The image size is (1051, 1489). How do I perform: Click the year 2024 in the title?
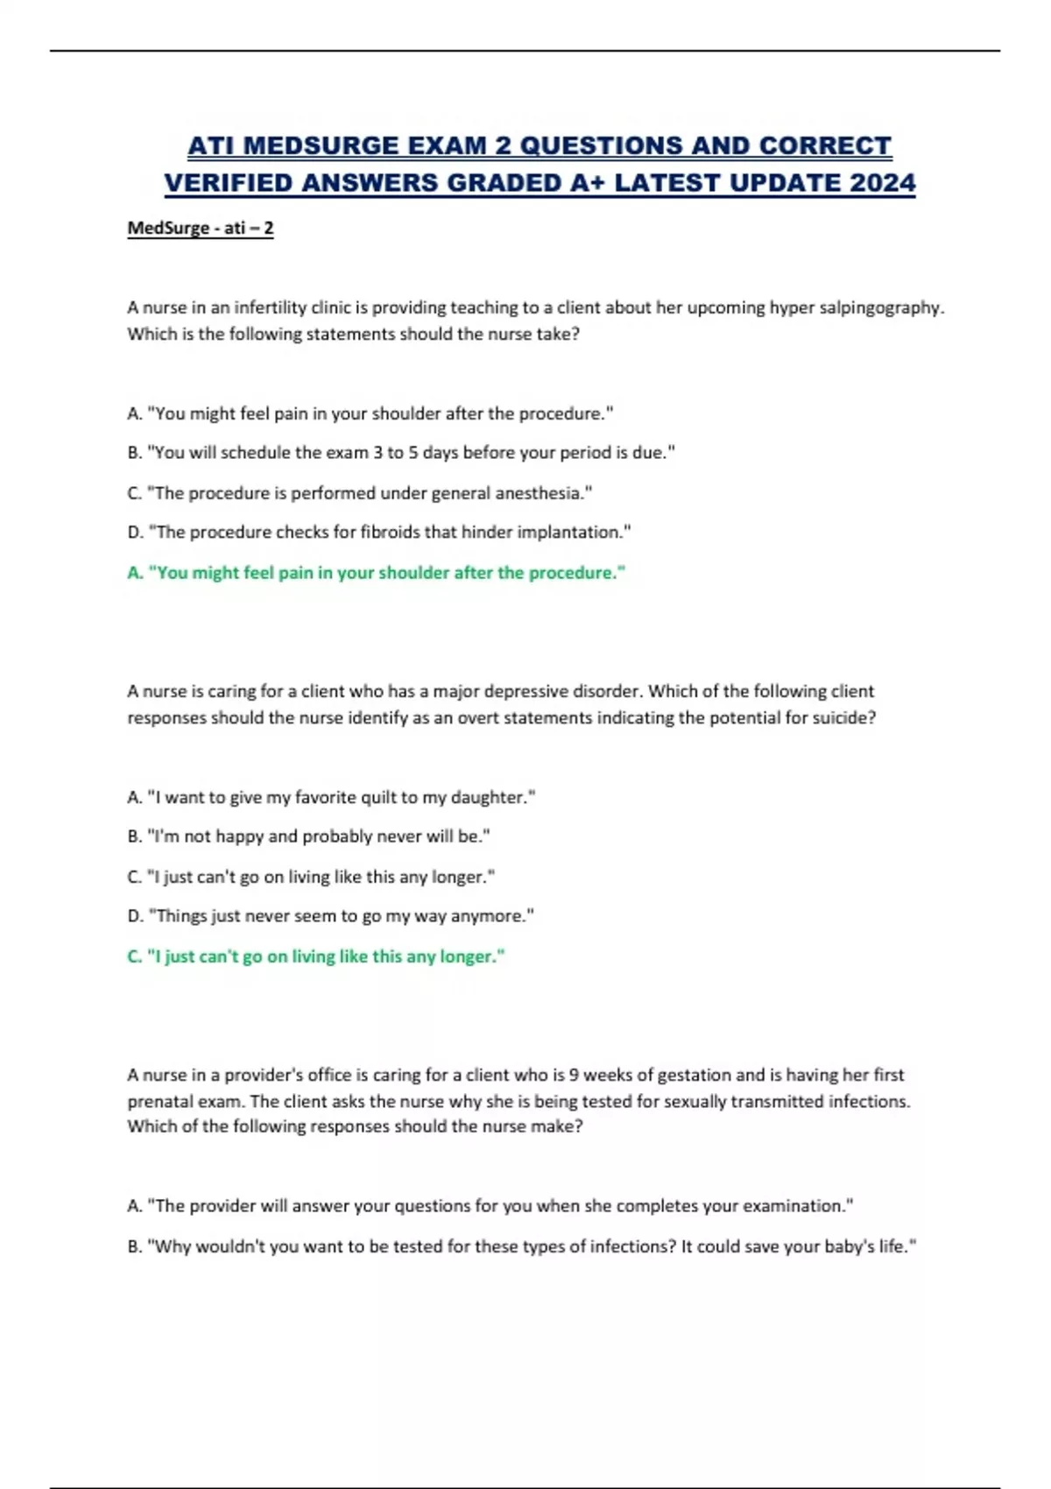882,183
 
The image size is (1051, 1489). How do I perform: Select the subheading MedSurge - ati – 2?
201,229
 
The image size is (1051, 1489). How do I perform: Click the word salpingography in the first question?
878,307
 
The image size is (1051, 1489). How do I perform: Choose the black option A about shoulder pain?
370,413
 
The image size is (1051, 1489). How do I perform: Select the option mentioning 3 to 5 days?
401,453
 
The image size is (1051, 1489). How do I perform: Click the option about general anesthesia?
359,493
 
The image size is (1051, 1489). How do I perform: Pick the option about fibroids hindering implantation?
378,533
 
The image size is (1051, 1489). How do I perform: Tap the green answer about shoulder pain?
377,573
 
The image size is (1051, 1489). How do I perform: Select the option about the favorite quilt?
331,797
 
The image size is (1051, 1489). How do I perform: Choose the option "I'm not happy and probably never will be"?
308,836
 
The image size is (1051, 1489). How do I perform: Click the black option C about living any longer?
311,877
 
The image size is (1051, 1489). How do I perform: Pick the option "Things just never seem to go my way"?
330,916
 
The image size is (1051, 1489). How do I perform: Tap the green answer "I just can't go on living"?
316,956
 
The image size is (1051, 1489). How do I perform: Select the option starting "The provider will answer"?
490,1206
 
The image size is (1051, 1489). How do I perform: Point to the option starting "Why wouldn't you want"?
521,1246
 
